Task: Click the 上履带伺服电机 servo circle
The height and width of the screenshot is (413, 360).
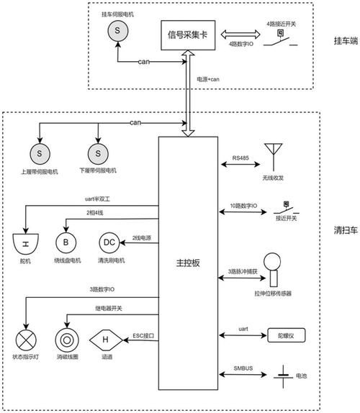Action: pyautogui.click(x=39, y=153)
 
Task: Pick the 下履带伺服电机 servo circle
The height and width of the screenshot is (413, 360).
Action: pyautogui.click(x=95, y=153)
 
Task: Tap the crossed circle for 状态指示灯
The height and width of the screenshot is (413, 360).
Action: pyautogui.click(x=26, y=338)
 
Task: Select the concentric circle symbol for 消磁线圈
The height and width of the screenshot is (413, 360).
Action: pyautogui.click(x=67, y=338)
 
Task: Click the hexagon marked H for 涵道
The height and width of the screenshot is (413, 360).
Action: pyautogui.click(x=104, y=338)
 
